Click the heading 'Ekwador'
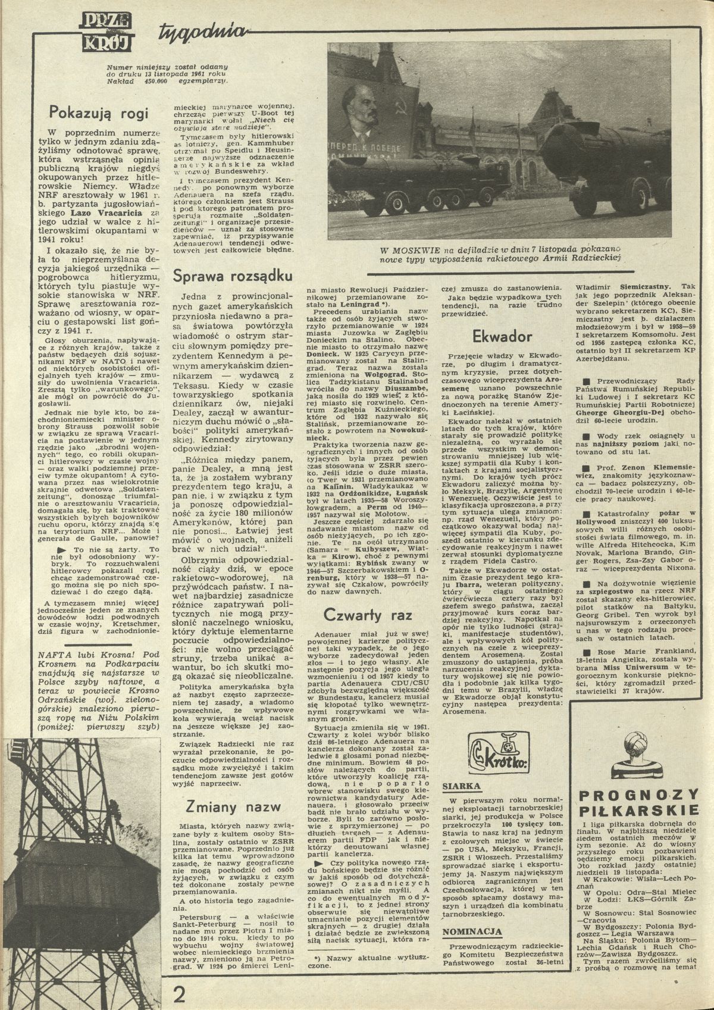click(502, 337)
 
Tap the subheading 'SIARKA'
click(461, 786)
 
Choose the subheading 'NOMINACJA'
click(472, 932)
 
